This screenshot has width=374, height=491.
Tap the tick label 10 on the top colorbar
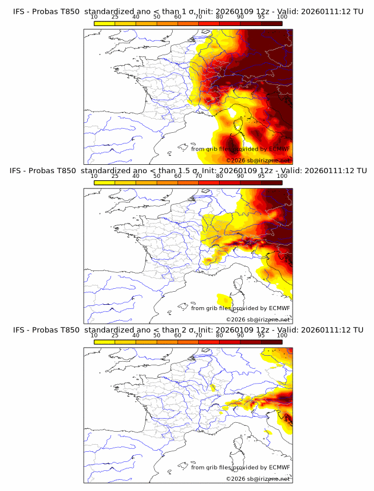[x=94, y=17]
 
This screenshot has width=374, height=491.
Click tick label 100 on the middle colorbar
[x=282, y=176]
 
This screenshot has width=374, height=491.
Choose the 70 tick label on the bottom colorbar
[x=198, y=335]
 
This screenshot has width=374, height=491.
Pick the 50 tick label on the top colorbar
[x=157, y=17]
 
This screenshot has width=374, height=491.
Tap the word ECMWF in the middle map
[x=279, y=308]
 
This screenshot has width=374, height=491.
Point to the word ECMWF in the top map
[x=279, y=149]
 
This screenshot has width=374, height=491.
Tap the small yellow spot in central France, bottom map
[x=213, y=387]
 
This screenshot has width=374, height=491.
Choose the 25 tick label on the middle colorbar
[x=115, y=176]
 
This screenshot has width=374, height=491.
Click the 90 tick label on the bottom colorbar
[x=240, y=335]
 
